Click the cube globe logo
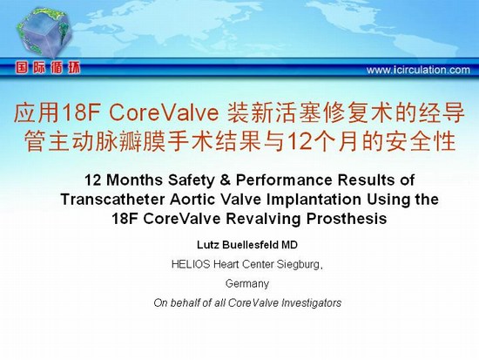[x=44, y=32]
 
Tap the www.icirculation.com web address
[x=418, y=70]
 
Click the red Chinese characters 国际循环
[x=48, y=68]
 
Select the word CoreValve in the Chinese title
[x=164, y=112]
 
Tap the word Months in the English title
[x=134, y=180]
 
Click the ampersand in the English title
[x=225, y=180]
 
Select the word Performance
[x=284, y=180]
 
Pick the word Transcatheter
[x=112, y=200]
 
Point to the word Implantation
[x=314, y=200]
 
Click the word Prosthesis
[x=347, y=219]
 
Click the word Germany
[x=247, y=283]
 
